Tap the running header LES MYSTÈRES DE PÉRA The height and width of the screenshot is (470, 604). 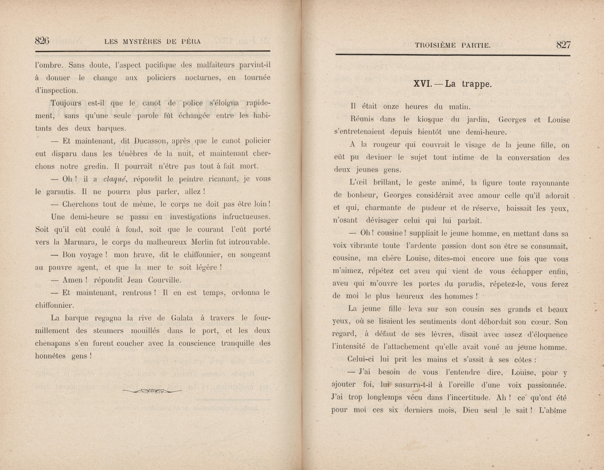coord(152,42)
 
